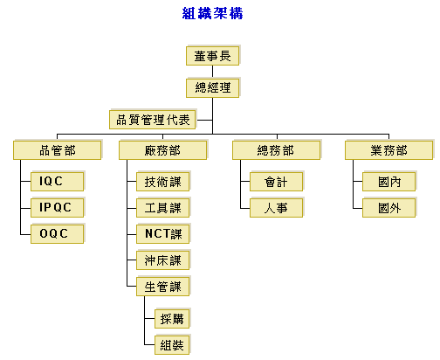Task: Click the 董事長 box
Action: pyautogui.click(x=213, y=55)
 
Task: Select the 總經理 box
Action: pyautogui.click(x=213, y=87)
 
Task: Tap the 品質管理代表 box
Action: pyautogui.click(x=153, y=119)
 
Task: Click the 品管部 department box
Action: pyautogui.click(x=58, y=150)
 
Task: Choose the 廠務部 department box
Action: pyautogui.click(x=163, y=150)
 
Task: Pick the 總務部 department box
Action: pyautogui.click(x=277, y=150)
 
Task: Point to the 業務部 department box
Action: pyautogui.click(x=389, y=150)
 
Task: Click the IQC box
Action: pyautogui.click(x=58, y=181)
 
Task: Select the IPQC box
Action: pyautogui.click(x=58, y=207)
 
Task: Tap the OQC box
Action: pyautogui.click(x=58, y=233)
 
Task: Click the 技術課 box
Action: pyautogui.click(x=163, y=181)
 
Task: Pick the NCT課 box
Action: pyautogui.click(x=163, y=233)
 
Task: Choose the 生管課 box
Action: pyautogui.click(x=163, y=286)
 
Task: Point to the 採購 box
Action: pyautogui.click(x=173, y=318)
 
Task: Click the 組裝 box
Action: pyautogui.click(x=173, y=345)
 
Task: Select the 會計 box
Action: pyautogui.click(x=277, y=181)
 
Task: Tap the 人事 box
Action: pyautogui.click(x=277, y=207)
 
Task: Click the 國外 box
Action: pyautogui.click(x=389, y=207)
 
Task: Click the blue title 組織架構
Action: pyautogui.click(x=212, y=13)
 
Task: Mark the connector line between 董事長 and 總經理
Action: pyautogui.click(x=212, y=72)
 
